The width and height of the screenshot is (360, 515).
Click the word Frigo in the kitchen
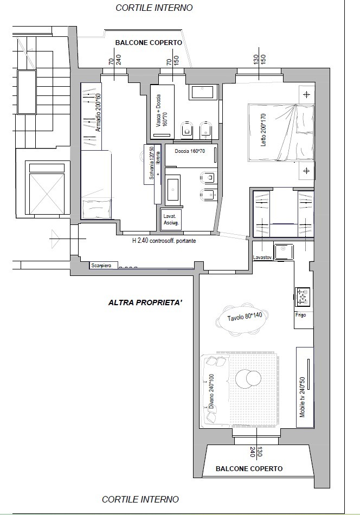[301, 314]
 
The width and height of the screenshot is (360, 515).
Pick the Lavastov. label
[262, 258]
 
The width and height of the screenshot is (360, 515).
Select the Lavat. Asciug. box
[171, 219]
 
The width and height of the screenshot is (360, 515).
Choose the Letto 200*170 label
[264, 131]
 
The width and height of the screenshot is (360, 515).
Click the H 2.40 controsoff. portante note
[164, 241]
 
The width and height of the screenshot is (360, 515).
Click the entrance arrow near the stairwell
[54, 235]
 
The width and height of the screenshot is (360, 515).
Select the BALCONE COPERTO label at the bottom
[249, 469]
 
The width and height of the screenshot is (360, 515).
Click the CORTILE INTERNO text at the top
[154, 8]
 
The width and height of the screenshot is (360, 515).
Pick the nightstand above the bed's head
[307, 95]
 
